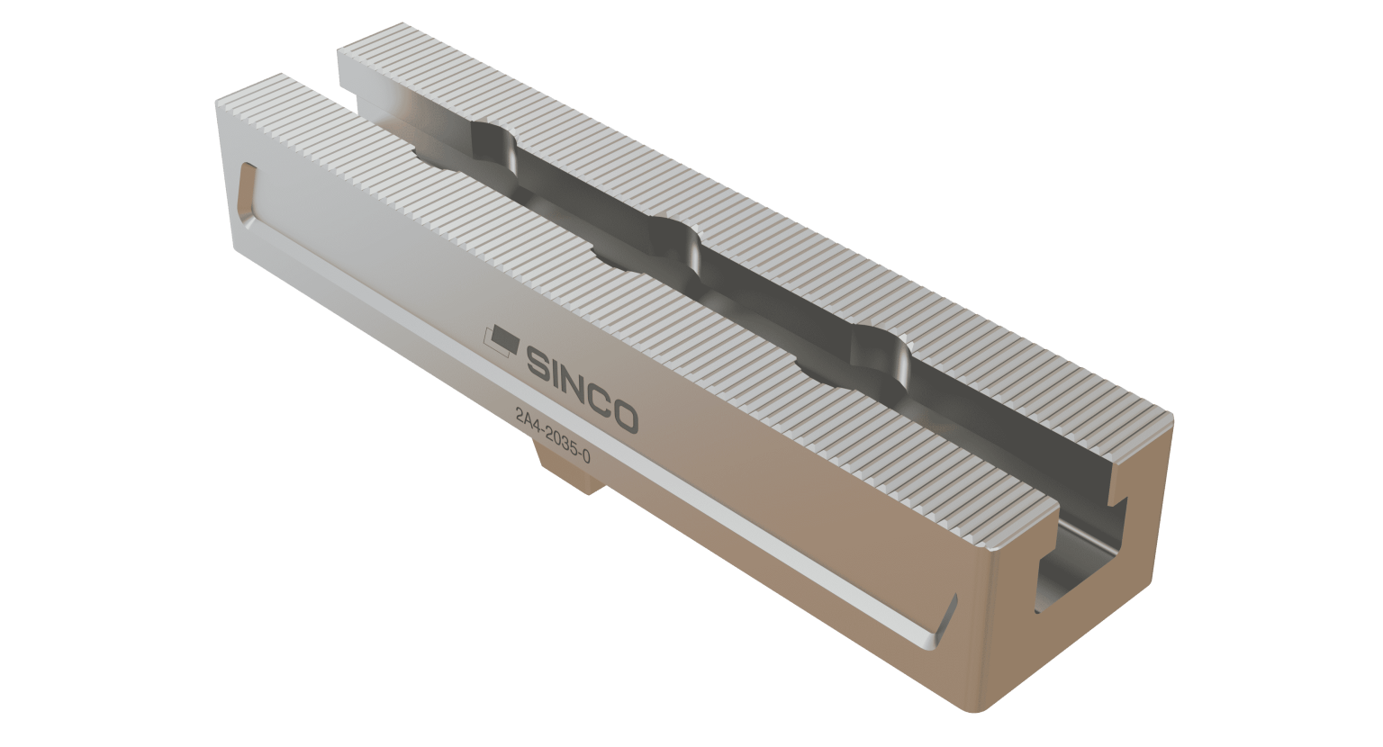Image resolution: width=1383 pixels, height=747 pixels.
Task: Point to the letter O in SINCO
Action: [623, 416]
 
